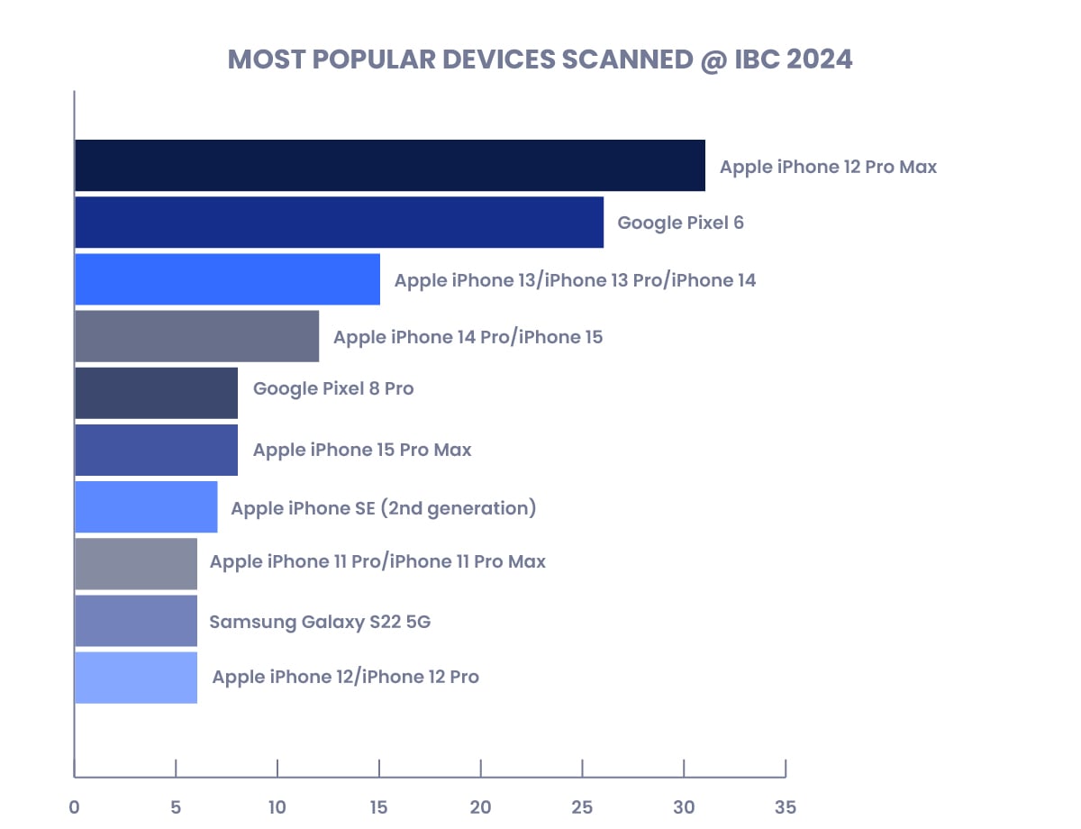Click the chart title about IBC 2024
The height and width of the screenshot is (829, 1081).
tap(540, 59)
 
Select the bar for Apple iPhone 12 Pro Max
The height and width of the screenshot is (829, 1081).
tap(389, 166)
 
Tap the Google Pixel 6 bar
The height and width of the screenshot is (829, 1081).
tap(339, 223)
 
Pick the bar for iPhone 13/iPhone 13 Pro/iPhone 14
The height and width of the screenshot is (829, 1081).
tap(227, 279)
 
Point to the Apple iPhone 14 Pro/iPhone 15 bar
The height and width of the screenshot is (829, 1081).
tap(196, 336)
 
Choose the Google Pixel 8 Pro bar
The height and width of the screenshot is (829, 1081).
tap(156, 393)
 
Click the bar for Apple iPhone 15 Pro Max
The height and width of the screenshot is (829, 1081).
tap(156, 450)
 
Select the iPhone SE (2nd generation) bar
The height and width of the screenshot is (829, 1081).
tap(146, 506)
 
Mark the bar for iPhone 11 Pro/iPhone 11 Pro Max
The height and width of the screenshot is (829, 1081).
tap(135, 564)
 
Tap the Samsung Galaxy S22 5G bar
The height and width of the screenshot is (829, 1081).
tap(135, 621)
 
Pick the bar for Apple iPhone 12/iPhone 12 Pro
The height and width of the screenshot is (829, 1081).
tap(135, 678)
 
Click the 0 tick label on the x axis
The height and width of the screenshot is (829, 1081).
tap(74, 806)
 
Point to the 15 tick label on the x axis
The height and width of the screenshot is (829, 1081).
tap(379, 806)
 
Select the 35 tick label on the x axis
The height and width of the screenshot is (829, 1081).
tap(786, 806)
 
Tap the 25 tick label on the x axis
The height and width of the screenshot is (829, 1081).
tap(582, 806)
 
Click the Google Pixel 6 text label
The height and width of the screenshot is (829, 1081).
tap(680, 223)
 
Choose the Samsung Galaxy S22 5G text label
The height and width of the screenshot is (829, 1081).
tap(320, 622)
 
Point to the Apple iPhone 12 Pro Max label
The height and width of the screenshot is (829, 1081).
tap(828, 167)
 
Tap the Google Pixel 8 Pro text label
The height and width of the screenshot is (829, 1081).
tap(333, 389)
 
